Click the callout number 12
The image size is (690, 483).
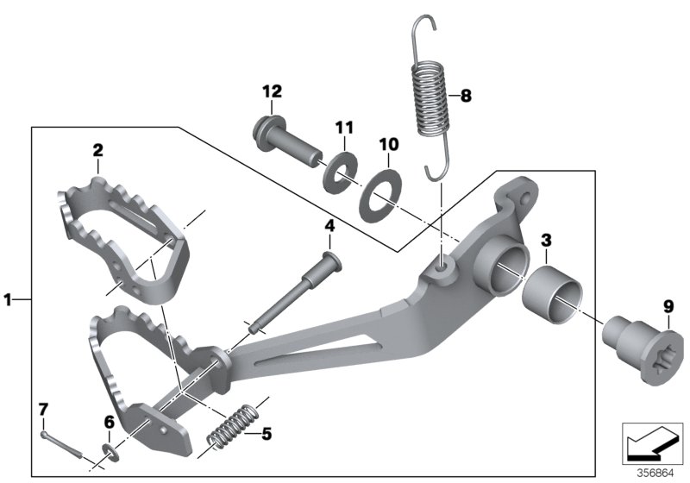pyautogui.click(x=273, y=91)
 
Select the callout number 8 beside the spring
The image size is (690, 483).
pyautogui.click(x=467, y=97)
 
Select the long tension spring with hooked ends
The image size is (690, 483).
pyautogui.click(x=432, y=95)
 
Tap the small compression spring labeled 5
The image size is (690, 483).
pyautogui.click(x=232, y=426)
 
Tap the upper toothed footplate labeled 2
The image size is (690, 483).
pyautogui.click(x=121, y=233)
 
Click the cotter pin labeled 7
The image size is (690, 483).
pyautogui.click(x=60, y=442)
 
